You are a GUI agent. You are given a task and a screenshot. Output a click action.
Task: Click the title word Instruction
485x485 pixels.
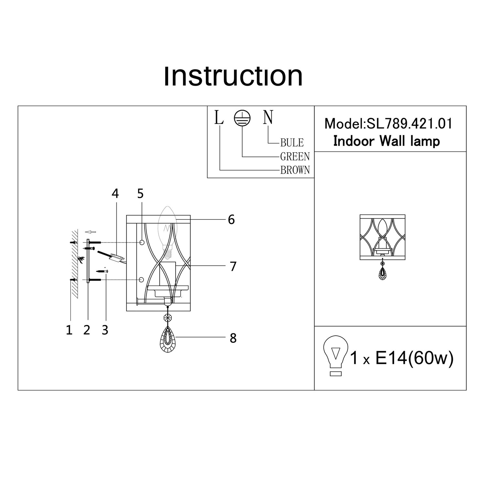click(x=233, y=76)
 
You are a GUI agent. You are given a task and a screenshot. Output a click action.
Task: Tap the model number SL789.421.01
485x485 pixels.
click(x=409, y=124)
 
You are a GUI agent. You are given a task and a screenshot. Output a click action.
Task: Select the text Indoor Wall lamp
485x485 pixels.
click(x=386, y=141)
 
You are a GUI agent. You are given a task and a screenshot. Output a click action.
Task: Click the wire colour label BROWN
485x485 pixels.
click(x=295, y=170)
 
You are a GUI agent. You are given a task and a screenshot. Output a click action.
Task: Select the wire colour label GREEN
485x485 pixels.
click(x=295, y=156)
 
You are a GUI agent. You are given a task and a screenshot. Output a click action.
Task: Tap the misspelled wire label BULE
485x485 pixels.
click(x=292, y=143)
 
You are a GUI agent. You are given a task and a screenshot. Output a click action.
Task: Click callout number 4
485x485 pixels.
click(x=115, y=194)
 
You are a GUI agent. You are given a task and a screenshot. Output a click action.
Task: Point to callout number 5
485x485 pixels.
click(x=140, y=194)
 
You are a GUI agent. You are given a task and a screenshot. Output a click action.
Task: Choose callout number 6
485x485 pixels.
click(x=231, y=220)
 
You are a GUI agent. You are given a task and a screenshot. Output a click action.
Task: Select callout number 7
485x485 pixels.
click(x=233, y=266)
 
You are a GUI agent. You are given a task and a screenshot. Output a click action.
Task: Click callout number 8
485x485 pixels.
click(x=233, y=338)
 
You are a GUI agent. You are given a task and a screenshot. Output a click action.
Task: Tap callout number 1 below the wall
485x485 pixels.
click(x=69, y=330)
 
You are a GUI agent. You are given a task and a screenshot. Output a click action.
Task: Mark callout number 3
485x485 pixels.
click(x=105, y=330)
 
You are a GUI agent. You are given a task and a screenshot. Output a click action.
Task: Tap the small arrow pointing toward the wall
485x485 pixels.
click(x=91, y=232)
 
